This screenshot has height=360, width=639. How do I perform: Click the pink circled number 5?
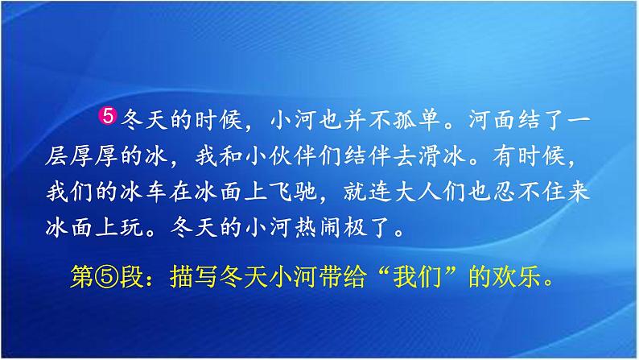tap(108, 116)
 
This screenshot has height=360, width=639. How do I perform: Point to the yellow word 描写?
tap(193, 276)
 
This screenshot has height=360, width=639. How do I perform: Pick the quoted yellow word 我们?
tap(418, 276)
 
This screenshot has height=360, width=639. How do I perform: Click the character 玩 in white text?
tap(130, 227)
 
